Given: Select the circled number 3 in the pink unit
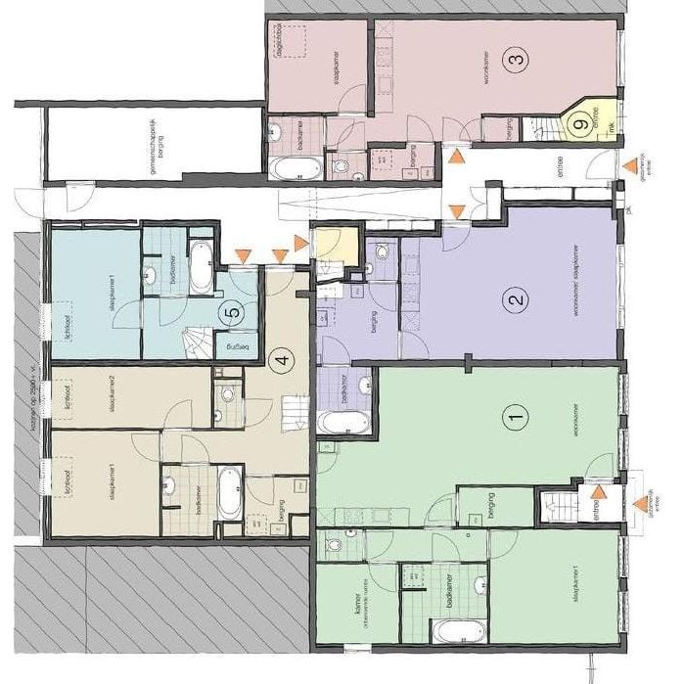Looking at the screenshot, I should point(517,60).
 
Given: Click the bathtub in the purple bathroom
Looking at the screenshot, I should point(343,422).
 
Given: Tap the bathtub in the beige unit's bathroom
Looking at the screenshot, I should point(229,493).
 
